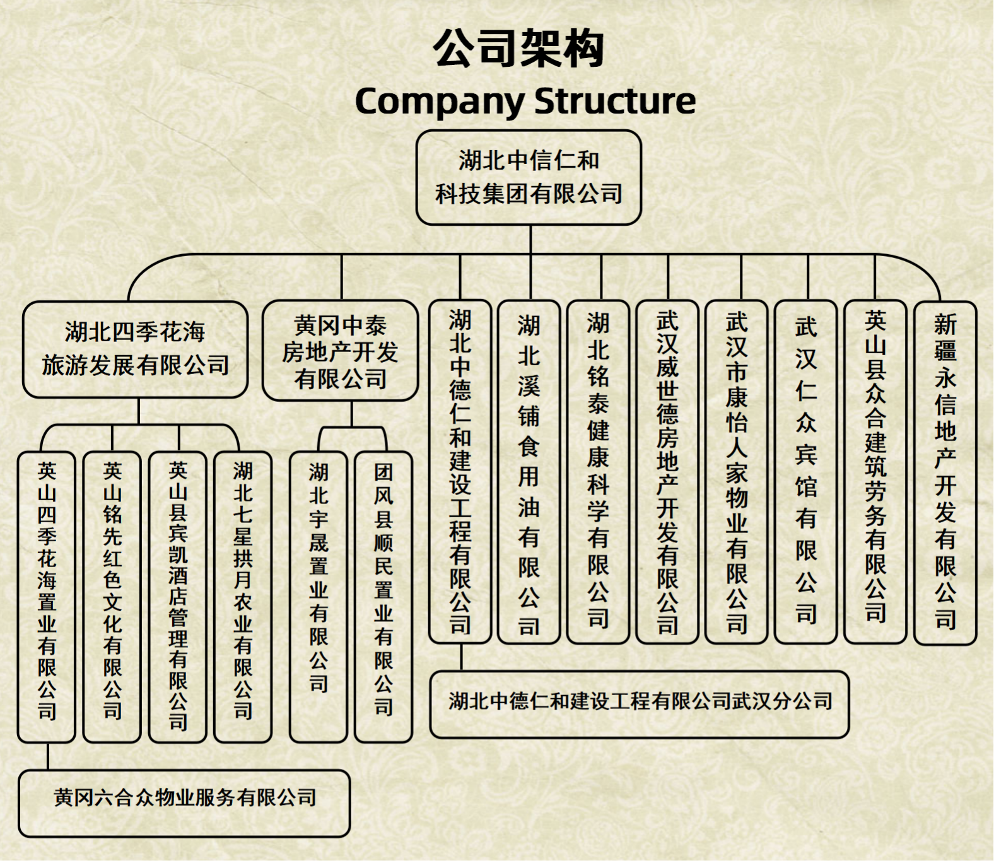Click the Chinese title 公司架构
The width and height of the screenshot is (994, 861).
[x=519, y=49]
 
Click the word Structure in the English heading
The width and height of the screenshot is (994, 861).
[x=614, y=101]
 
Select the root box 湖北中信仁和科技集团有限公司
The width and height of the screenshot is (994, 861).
[x=529, y=177]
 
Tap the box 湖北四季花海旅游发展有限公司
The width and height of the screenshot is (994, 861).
[x=135, y=349]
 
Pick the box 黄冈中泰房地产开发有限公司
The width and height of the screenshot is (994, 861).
[x=340, y=351]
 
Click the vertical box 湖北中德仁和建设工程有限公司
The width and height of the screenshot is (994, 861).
[x=460, y=471]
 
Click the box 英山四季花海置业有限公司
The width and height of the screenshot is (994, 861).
[x=47, y=596]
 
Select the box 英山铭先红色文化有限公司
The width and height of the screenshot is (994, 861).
[x=112, y=596]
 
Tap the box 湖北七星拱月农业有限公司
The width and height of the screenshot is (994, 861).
[x=243, y=596]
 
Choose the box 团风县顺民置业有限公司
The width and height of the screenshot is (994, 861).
[x=383, y=596]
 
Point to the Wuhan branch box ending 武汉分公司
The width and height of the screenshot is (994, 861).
[x=640, y=703]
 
